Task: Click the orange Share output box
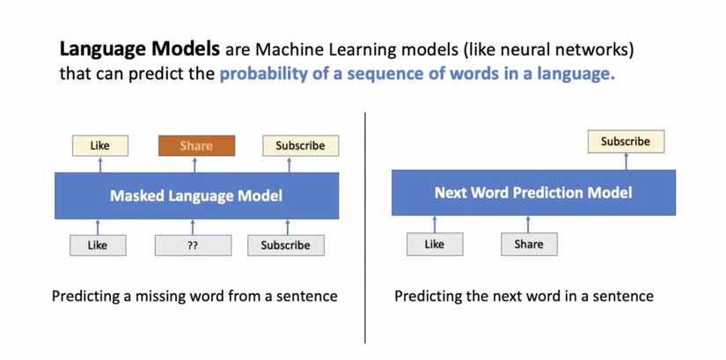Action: coord(196,145)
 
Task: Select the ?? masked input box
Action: coord(193,245)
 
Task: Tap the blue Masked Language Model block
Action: coord(197,195)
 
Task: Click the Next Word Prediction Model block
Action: coord(533,193)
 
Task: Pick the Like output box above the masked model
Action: coord(100,145)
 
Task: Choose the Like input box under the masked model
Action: coord(98,245)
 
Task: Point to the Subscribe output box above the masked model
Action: coord(300,145)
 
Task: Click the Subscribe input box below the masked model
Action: coord(286,245)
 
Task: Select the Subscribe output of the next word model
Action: coord(626,142)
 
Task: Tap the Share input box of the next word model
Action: coord(529,244)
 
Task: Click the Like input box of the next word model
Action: coord(435,244)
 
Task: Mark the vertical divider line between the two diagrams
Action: coord(365,227)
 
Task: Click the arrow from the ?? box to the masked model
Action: coord(193,227)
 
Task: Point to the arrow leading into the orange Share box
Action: coord(195,165)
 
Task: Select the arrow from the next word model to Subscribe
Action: coord(626,161)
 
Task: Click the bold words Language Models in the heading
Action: coord(140,49)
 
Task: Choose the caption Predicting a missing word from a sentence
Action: coord(194,296)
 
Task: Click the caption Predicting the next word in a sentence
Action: coord(524,296)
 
